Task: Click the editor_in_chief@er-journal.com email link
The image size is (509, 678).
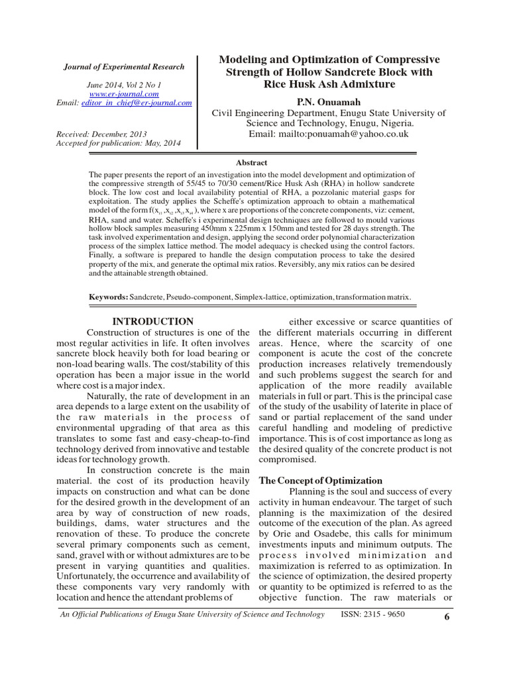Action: click(x=136, y=103)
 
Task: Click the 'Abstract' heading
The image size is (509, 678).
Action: click(x=252, y=162)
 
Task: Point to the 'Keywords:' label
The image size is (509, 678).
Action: click(x=109, y=297)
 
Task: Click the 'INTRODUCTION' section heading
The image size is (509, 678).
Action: click(x=153, y=321)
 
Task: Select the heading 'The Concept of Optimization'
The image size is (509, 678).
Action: click(x=319, y=480)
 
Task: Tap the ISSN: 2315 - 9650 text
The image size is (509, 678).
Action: click(x=372, y=614)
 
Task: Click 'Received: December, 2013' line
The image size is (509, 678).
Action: click(x=103, y=133)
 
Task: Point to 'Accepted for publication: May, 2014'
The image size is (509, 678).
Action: click(x=118, y=142)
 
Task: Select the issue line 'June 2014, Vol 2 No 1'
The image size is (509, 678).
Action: click(x=124, y=85)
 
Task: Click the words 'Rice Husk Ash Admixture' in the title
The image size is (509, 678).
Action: click(x=329, y=84)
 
